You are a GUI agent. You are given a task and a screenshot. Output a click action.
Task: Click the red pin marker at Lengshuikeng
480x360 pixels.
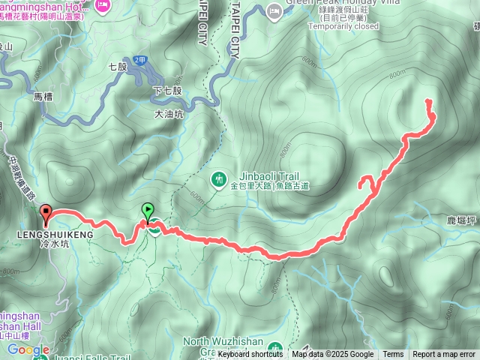coord(45,214)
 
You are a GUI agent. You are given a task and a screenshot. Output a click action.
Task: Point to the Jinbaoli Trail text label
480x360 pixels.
coord(239,174)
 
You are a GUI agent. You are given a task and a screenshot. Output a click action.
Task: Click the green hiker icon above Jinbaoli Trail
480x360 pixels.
coord(219,179)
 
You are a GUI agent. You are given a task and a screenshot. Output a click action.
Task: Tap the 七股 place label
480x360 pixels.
coord(118,67)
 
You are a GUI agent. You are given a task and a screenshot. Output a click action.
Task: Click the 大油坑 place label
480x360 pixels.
coord(169,115)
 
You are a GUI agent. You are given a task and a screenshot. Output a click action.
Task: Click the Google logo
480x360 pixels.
coord(28,349)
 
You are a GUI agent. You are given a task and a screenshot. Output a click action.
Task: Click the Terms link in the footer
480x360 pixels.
coord(393,355)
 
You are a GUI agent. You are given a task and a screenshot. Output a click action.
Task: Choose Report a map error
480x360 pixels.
coord(444,355)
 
